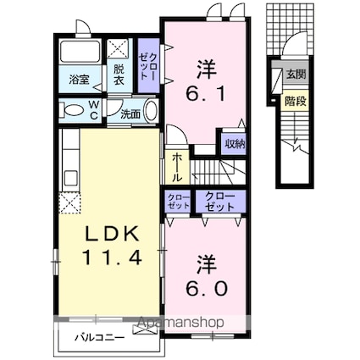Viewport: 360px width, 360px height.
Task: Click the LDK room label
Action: (113, 234)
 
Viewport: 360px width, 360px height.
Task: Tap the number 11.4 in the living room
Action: (112, 258)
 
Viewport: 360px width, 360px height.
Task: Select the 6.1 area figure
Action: (205, 93)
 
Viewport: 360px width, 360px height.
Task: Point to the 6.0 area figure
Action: (207, 288)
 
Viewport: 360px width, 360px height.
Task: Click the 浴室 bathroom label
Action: (80, 80)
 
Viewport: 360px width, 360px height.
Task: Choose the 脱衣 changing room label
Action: (119, 75)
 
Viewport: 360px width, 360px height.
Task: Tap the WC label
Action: (94, 110)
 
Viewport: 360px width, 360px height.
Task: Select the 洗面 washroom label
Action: (130, 114)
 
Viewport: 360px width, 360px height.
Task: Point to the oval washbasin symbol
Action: (150, 110)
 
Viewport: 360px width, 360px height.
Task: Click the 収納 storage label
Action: (235, 144)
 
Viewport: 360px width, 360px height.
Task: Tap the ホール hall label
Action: (177, 167)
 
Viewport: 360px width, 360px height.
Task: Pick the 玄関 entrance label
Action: (296, 75)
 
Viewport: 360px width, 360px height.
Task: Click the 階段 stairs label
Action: (296, 101)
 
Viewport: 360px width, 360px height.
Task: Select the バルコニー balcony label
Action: (99, 337)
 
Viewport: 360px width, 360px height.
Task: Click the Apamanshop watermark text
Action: (181, 322)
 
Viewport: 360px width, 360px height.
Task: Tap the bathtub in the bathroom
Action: (80, 51)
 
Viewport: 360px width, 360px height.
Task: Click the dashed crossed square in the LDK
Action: (69, 203)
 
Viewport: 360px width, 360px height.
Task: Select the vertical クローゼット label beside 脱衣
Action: (148, 67)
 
